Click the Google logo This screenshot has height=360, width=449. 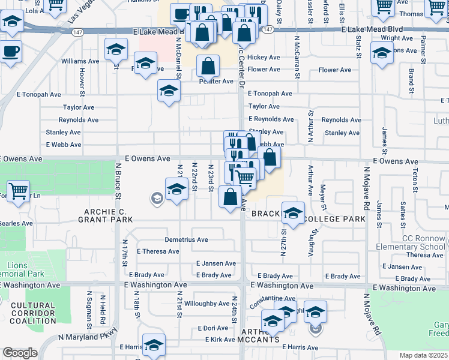20,353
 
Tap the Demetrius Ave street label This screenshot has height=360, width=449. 186,240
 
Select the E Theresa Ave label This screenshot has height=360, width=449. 158,251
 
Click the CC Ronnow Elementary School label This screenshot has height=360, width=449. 411,243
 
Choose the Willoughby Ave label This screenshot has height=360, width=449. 206,304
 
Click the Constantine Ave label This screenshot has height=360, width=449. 273,298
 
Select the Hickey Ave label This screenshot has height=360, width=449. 264,58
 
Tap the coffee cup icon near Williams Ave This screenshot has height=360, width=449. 10,51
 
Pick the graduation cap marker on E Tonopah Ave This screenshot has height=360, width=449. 169,91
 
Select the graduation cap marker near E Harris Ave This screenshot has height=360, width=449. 154,344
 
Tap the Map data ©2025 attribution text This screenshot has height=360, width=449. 424,355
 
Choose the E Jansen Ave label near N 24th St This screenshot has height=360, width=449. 215,263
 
